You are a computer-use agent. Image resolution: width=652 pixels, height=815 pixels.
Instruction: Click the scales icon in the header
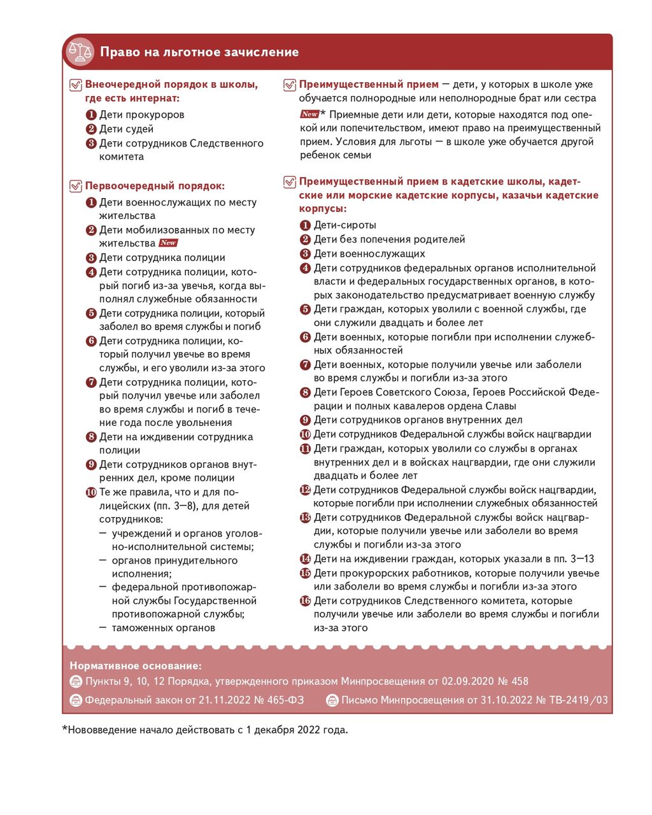(x=81, y=52)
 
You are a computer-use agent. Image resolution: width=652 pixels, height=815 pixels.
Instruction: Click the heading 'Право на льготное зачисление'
(x=199, y=52)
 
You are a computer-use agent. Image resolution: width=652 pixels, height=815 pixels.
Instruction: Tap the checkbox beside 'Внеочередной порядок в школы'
(x=76, y=85)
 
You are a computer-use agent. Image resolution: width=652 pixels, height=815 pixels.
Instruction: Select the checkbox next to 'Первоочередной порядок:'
(x=76, y=186)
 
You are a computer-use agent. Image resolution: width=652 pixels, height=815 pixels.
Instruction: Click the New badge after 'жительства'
(x=169, y=243)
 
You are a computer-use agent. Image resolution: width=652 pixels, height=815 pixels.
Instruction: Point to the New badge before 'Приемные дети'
(x=309, y=115)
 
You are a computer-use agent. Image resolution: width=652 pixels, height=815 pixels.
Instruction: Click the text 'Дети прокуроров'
(x=142, y=115)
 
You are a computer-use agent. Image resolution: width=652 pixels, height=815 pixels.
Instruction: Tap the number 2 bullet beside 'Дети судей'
(x=91, y=129)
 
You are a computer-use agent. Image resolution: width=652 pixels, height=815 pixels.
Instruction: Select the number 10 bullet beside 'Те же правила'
(x=91, y=492)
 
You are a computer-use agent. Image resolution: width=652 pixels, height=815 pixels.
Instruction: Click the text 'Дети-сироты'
(x=344, y=225)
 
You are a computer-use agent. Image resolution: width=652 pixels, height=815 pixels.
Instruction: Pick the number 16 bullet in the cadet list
(x=305, y=601)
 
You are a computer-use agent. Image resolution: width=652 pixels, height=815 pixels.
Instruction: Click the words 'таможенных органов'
(x=164, y=628)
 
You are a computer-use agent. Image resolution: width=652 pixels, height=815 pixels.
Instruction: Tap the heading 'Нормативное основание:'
(x=136, y=666)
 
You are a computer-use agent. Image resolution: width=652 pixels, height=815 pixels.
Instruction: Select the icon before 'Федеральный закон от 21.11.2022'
(x=76, y=700)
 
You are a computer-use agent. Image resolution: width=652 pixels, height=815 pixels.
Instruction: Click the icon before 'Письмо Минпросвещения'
(x=332, y=700)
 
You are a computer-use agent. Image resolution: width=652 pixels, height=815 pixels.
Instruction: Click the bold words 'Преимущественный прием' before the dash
(x=369, y=84)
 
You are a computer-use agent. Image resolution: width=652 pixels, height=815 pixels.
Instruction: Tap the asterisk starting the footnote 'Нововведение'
(x=64, y=729)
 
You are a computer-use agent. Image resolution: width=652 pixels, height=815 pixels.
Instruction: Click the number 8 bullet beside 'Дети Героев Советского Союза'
(x=305, y=393)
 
